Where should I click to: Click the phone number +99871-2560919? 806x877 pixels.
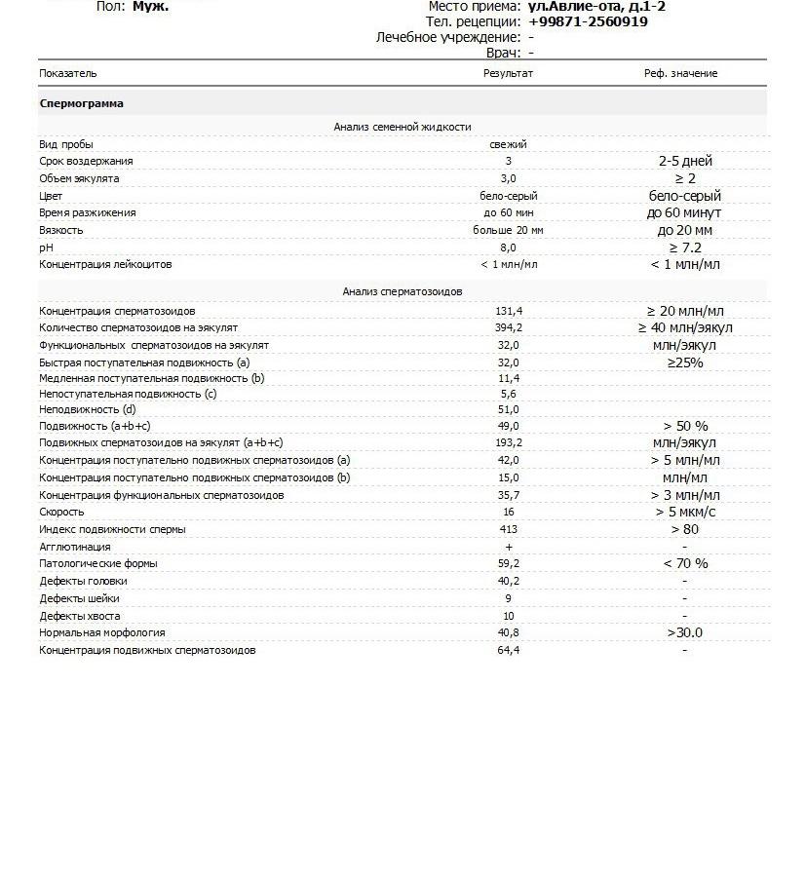(x=588, y=21)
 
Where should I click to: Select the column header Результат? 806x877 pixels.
(x=508, y=74)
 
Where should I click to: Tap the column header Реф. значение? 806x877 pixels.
(x=680, y=74)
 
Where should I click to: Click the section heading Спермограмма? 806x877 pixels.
(x=81, y=103)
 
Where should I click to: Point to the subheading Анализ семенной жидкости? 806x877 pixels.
(x=402, y=127)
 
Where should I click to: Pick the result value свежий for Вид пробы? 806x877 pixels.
(x=508, y=144)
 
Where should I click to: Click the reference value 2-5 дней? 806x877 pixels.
(x=684, y=161)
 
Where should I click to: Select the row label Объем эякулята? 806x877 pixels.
(x=79, y=178)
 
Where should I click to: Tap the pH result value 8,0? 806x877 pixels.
(x=508, y=248)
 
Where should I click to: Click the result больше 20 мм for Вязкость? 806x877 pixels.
(x=508, y=231)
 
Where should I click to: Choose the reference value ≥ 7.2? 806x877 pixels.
(x=684, y=248)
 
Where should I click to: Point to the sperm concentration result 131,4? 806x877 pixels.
(x=508, y=311)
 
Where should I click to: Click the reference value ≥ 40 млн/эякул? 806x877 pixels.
(x=684, y=328)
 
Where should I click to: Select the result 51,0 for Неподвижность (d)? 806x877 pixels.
(x=508, y=410)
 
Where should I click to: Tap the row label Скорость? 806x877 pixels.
(x=61, y=512)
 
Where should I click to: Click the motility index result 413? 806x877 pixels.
(x=508, y=529)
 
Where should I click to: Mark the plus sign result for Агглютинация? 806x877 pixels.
(x=508, y=548)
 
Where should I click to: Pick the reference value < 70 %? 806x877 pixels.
(x=684, y=563)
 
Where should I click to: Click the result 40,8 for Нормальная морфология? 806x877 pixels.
(x=508, y=632)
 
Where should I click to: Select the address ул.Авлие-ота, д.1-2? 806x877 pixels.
(x=595, y=7)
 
